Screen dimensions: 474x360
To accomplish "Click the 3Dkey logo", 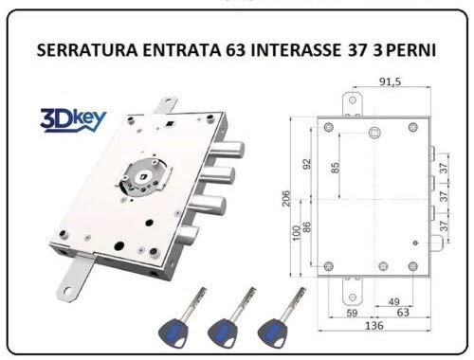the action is coord(73,119).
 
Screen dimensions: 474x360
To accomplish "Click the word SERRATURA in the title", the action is coord(87,50).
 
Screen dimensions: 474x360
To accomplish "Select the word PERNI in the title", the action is coord(410,50).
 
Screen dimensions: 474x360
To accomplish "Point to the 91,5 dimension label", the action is coord(390,81).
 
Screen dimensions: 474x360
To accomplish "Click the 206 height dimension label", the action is coord(285,198).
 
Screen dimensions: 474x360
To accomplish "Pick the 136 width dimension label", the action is coord(374,325).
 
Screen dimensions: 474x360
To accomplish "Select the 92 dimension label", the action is coord(307,164).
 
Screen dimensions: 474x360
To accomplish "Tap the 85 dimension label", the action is coord(335,168).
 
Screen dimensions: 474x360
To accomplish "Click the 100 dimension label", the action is coord(296,233).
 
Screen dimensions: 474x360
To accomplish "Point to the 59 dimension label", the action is coord(352,313).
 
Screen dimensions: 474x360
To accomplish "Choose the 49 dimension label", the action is coord(393,301).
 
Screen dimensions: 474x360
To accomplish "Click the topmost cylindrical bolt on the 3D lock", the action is coord(228,151).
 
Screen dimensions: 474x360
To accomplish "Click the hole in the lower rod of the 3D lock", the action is coord(69,291).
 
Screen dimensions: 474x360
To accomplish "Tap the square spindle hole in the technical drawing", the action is coord(374,133).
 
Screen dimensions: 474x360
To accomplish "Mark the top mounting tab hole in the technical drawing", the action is coord(353,100).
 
